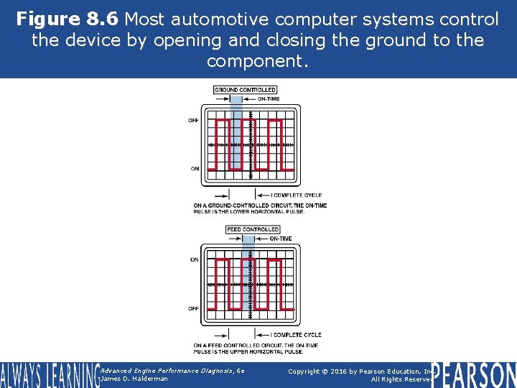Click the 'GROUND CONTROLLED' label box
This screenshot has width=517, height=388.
click(x=245, y=90)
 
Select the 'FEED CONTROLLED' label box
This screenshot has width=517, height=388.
click(x=252, y=230)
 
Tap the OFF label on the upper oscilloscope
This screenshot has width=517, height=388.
click(x=194, y=121)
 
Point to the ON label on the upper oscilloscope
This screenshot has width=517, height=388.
click(x=195, y=169)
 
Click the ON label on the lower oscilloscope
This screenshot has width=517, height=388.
click(x=195, y=259)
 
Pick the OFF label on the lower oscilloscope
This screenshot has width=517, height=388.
click(x=194, y=308)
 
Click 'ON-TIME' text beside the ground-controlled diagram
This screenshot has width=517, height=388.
click(x=269, y=99)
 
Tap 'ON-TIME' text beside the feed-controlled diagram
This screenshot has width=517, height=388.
click(x=281, y=239)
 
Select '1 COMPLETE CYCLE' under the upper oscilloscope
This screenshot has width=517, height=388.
click(x=296, y=195)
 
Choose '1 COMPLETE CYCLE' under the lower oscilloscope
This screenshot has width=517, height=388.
click(x=296, y=335)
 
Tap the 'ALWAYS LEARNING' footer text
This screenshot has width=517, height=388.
click(x=48, y=374)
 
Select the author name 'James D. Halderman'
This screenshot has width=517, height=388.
click(x=134, y=379)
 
